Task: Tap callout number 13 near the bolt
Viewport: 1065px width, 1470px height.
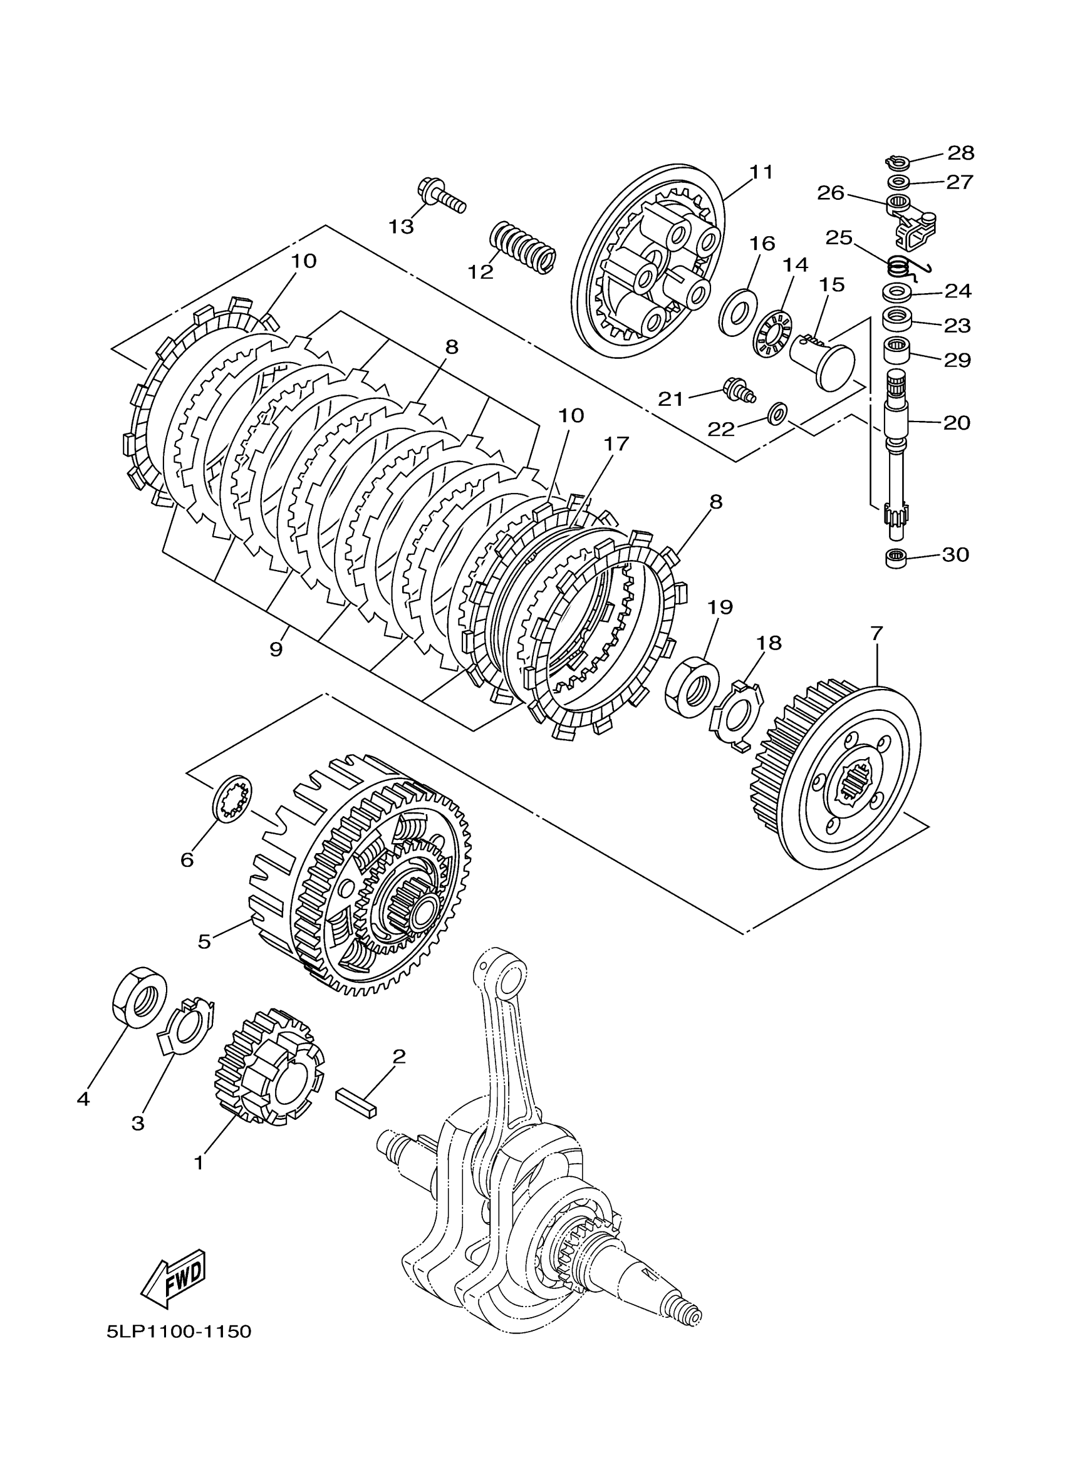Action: click(401, 226)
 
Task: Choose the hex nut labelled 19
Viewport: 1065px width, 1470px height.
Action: click(692, 687)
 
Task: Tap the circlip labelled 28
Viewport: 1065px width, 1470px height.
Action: click(896, 160)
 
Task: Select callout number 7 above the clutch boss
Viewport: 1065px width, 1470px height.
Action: click(876, 633)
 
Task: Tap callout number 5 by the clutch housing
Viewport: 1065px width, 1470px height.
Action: click(204, 941)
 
